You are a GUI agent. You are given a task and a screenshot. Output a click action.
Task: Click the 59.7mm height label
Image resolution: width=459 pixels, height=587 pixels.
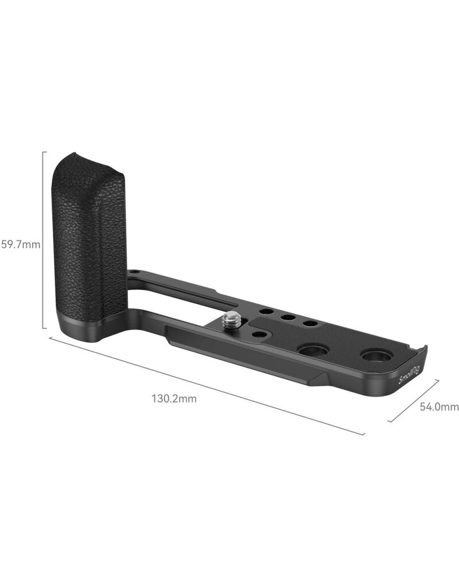pyautogui.click(x=20, y=245)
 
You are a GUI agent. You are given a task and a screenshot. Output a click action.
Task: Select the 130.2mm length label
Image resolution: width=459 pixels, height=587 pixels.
pyautogui.click(x=174, y=398)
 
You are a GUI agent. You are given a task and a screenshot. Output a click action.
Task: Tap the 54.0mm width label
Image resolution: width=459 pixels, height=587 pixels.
pyautogui.click(x=439, y=407)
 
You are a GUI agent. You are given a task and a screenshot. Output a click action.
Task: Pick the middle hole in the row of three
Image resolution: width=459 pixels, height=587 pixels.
pyautogui.click(x=289, y=317)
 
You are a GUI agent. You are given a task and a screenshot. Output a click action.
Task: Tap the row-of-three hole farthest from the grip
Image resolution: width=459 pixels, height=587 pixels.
pyautogui.click(x=310, y=323)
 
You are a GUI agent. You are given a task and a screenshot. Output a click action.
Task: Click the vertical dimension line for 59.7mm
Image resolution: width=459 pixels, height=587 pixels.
pyautogui.click(x=44, y=241)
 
